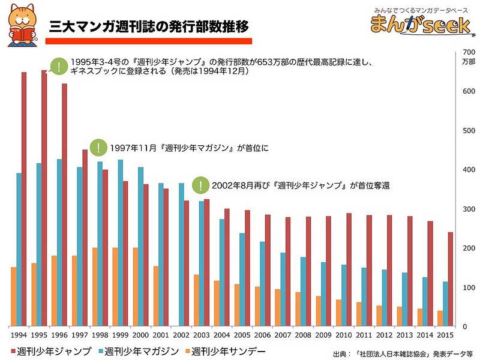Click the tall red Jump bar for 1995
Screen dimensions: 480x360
[44, 198]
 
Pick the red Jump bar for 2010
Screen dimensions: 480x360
[349, 269]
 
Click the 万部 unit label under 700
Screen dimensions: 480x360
[469, 61]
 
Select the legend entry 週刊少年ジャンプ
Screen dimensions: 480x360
[51, 350]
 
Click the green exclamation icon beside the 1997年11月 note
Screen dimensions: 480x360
[97, 147]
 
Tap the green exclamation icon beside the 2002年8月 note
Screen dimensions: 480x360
[200, 185]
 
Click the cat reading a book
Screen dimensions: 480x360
[20, 26]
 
